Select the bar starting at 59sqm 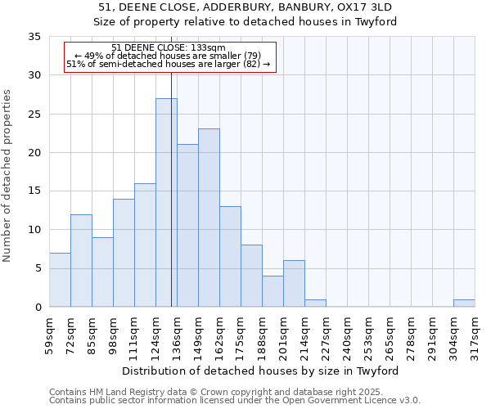tap(60, 280)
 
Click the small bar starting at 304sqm tap(464, 303)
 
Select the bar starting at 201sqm tap(294, 284)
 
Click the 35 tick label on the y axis tap(34, 37)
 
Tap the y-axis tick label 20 tap(34, 153)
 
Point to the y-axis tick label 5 tap(38, 268)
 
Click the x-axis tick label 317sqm tap(475, 335)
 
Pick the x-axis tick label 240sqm tap(347, 335)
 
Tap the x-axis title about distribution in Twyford tap(265, 371)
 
